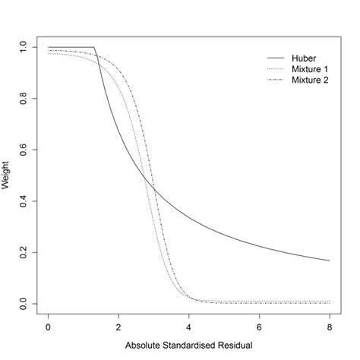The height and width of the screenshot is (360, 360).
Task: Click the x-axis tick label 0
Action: pyautogui.click(x=48, y=327)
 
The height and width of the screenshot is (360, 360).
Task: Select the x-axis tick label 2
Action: pyautogui.click(x=118, y=327)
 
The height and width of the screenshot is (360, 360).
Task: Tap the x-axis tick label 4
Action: pyautogui.click(x=189, y=327)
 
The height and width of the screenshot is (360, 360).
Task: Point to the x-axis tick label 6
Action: pyautogui.click(x=260, y=327)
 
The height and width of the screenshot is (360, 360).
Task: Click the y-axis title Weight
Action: pyautogui.click(x=7, y=175)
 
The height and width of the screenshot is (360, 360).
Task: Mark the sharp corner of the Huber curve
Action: pyautogui.click(x=96, y=47)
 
